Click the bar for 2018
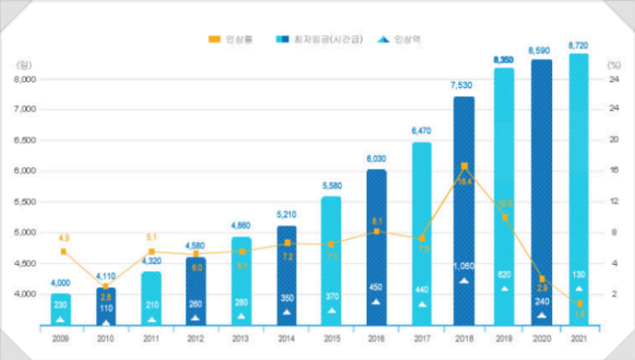pyautogui.click(x=464, y=209)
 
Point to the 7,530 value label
pyautogui.click(x=464, y=85)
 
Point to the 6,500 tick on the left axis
pyautogui.click(x=25, y=140)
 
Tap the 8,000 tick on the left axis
pyautogui.click(x=25, y=78)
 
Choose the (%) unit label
pyautogui.click(x=614, y=65)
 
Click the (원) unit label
pyautogui.click(x=23, y=65)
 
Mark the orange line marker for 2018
pyautogui.click(x=464, y=166)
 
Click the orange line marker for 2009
pyautogui.click(x=63, y=252)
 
